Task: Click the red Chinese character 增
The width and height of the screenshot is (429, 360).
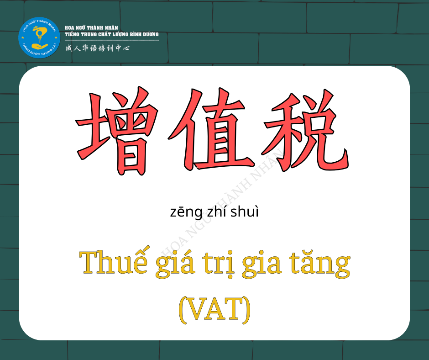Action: point(117,131)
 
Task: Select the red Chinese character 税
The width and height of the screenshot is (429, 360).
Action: point(305,130)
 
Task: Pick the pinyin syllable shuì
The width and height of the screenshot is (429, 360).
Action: point(244,212)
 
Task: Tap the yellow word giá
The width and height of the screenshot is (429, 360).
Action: point(175,264)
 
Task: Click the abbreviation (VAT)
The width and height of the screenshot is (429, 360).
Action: point(214,309)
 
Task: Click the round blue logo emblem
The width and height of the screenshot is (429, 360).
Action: point(39,37)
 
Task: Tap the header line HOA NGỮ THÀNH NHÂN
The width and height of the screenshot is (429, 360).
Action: point(91,28)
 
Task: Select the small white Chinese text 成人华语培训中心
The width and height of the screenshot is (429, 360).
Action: point(97,48)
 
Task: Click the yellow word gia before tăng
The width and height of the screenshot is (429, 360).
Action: point(262,264)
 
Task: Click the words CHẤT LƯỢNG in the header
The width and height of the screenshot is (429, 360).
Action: point(113,34)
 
